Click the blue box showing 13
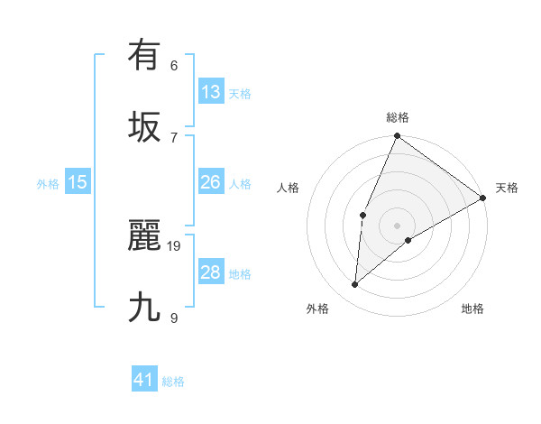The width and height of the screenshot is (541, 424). (x=211, y=92)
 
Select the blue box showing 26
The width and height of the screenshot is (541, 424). (x=211, y=182)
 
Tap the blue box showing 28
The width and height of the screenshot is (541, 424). (x=211, y=272)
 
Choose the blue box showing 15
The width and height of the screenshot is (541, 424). (x=78, y=182)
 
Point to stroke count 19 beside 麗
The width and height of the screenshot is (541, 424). (x=175, y=245)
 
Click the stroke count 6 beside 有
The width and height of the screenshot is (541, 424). (x=174, y=65)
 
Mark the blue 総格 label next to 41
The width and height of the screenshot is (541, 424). (x=173, y=382)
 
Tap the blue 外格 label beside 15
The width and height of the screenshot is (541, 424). (x=48, y=184)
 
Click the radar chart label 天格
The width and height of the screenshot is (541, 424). (x=507, y=188)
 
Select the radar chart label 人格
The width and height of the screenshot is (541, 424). (x=288, y=188)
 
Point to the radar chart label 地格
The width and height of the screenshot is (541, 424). (x=472, y=309)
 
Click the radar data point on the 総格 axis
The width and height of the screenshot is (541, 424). (x=397, y=136)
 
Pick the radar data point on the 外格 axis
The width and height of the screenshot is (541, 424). (x=355, y=285)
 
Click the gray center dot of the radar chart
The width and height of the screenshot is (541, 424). (x=397, y=225)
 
